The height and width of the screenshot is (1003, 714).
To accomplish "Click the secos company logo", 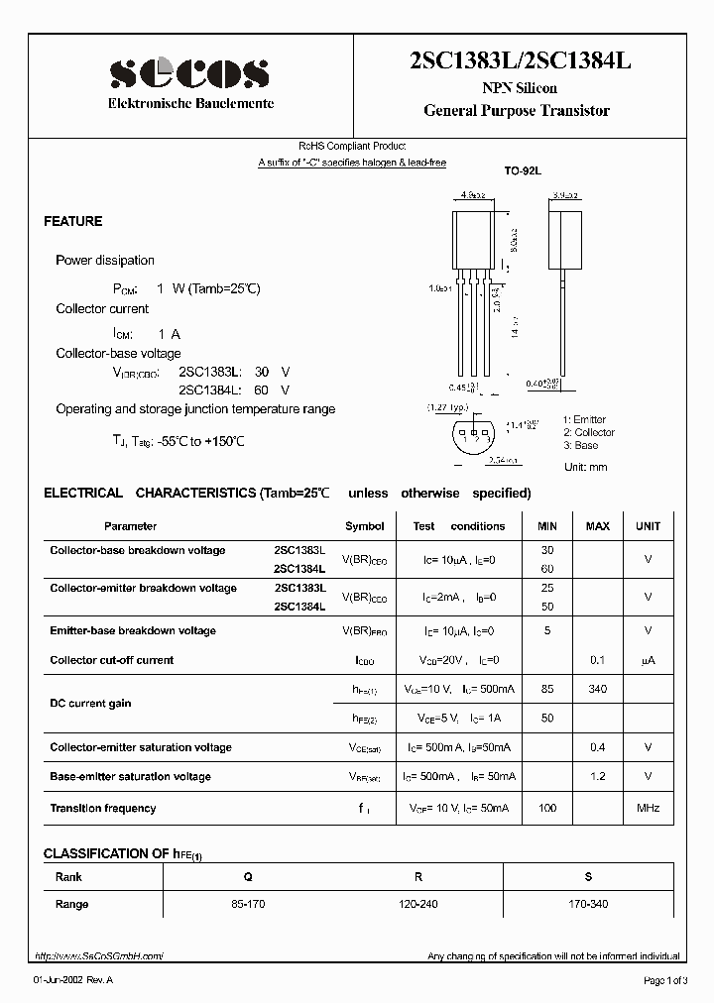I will tap(189, 72).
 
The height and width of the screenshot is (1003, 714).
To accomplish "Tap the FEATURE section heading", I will tap(73, 222).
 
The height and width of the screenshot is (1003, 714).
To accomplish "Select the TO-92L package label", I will tap(522, 171).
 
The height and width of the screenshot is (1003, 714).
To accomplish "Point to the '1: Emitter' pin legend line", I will tap(584, 420).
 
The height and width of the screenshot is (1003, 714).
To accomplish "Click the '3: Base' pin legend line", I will tap(580, 445).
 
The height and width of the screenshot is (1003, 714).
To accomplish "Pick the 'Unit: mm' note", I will tap(585, 467).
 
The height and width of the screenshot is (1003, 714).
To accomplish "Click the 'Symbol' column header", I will tap(364, 526).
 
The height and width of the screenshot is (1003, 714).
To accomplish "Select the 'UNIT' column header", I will tap(648, 526).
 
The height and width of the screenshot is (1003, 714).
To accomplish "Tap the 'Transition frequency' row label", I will tap(103, 809).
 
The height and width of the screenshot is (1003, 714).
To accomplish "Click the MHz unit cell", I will tap(648, 809).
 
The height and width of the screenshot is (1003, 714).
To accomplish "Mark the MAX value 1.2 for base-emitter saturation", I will tap(598, 776).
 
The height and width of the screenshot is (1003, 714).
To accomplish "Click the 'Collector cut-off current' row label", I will tap(112, 660).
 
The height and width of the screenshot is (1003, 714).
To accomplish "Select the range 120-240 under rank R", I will tap(418, 904).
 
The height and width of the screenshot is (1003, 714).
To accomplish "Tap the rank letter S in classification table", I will tap(588, 877).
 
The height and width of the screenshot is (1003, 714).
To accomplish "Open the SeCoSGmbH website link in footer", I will tap(99, 956).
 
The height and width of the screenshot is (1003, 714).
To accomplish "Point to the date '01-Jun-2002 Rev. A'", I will tap(73, 980).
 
